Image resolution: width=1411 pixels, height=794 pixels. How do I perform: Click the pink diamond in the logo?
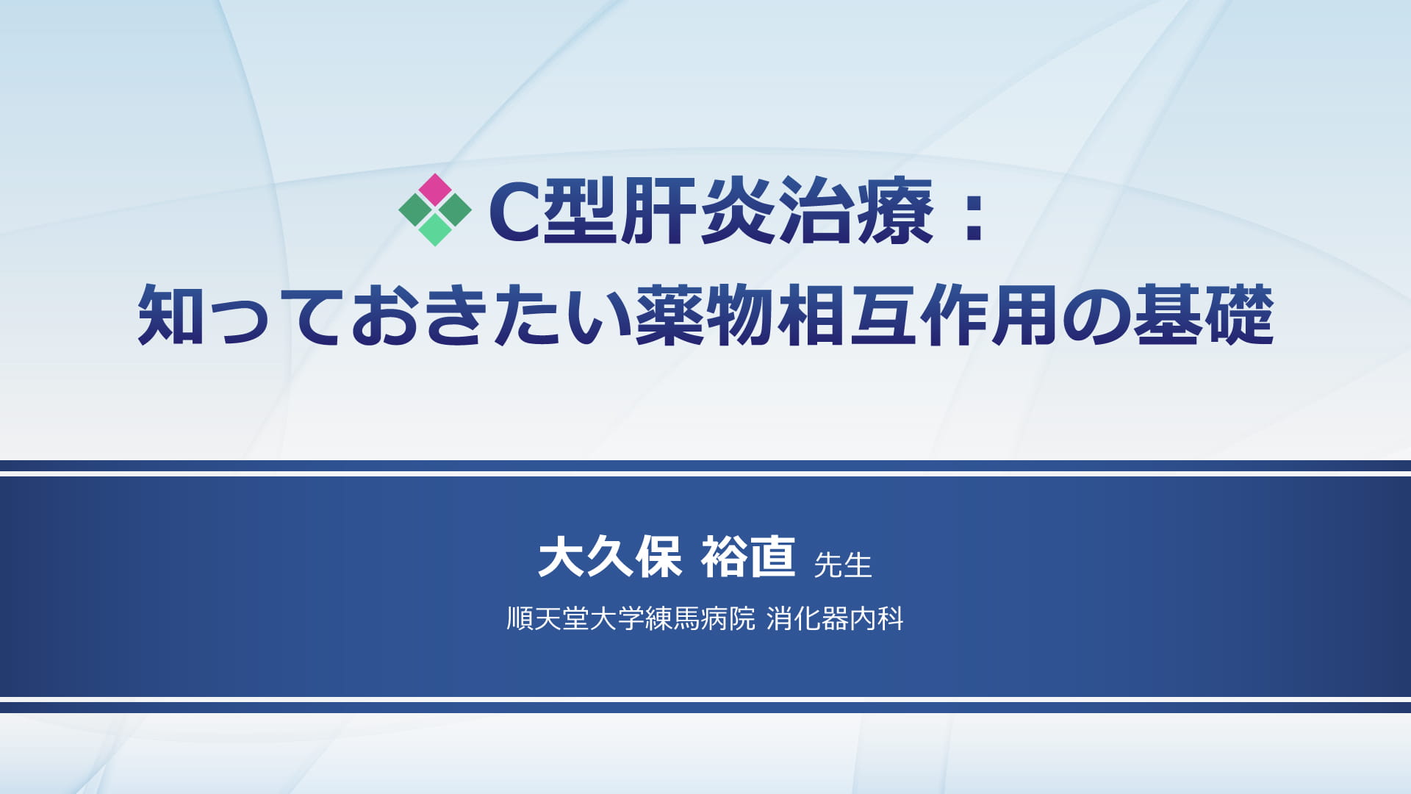click(x=435, y=190)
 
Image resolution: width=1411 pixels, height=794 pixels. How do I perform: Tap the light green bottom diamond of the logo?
click(x=435, y=229)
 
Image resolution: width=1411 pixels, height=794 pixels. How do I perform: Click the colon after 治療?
click(x=974, y=214)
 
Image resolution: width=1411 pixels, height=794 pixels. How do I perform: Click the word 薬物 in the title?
click(x=705, y=315)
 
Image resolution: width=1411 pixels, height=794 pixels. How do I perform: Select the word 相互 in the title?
click(x=848, y=315)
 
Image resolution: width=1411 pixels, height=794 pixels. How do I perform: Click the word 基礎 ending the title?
click(x=1204, y=315)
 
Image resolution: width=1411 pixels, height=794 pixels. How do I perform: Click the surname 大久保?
click(x=611, y=557)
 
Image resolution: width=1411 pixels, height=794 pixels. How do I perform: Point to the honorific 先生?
click(x=843, y=565)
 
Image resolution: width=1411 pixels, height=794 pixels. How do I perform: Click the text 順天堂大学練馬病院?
click(x=631, y=619)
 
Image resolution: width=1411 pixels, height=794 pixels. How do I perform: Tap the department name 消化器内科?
click(x=835, y=619)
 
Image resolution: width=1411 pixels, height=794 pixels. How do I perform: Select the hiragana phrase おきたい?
click(x=491, y=316)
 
